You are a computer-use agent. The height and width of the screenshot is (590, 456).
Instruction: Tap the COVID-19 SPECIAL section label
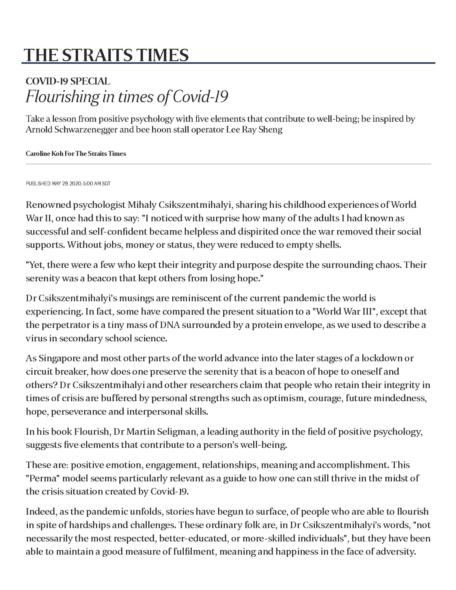(x=68, y=81)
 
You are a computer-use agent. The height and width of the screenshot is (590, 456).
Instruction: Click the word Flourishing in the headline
(x=62, y=97)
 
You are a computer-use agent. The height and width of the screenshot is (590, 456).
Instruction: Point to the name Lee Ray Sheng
(x=254, y=130)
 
